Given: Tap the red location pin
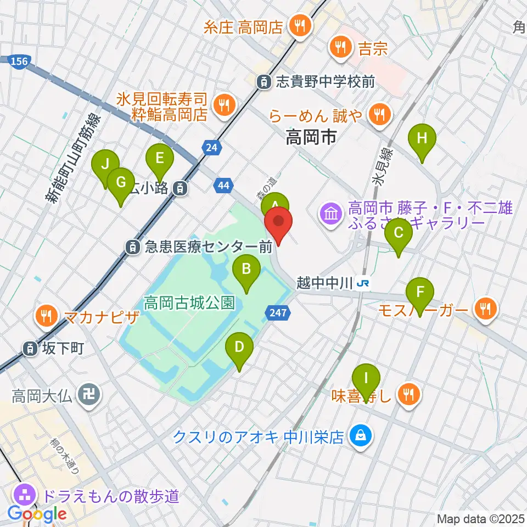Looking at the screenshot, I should (x=278, y=225).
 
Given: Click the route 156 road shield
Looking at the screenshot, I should (x=19, y=62).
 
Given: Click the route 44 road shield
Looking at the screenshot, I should (x=223, y=187).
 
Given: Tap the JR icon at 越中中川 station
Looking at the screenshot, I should (x=362, y=284).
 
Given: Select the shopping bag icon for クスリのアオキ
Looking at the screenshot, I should (x=361, y=436).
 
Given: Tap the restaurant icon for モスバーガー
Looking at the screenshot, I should (x=485, y=310).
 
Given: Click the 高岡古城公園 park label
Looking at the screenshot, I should (x=189, y=302).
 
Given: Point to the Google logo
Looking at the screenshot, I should (x=37, y=514).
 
